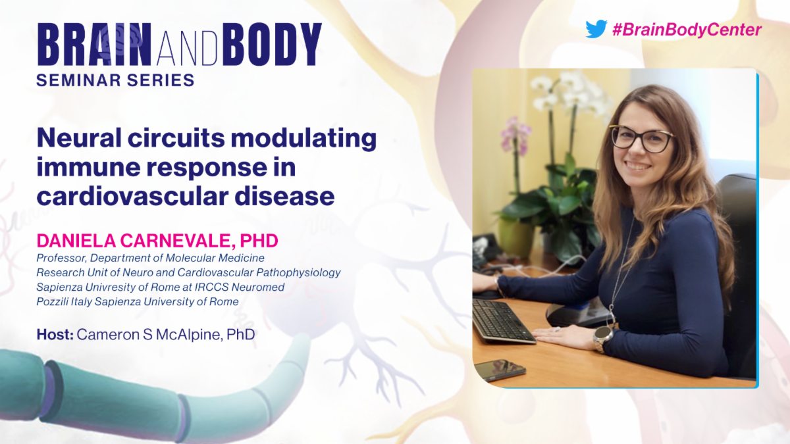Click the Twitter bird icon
[x=596, y=29]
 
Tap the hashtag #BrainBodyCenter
[x=687, y=30]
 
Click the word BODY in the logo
[x=272, y=45]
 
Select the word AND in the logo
[x=187, y=48]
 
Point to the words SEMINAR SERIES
[x=115, y=80]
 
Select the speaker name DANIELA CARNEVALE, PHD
[x=157, y=241]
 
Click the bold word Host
[x=55, y=334]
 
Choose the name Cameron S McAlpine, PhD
[x=166, y=334]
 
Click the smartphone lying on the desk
[x=500, y=370]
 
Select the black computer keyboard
[x=502, y=322]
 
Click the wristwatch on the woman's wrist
[x=602, y=338]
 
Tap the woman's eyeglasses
[x=640, y=139]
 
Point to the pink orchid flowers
[x=515, y=136]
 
